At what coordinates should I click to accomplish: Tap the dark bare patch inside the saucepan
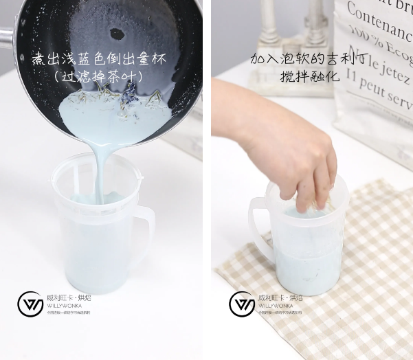118,32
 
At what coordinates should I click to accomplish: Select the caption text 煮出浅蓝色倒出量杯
99,58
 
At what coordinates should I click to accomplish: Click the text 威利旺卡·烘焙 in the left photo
67,298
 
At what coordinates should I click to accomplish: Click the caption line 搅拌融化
310,76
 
